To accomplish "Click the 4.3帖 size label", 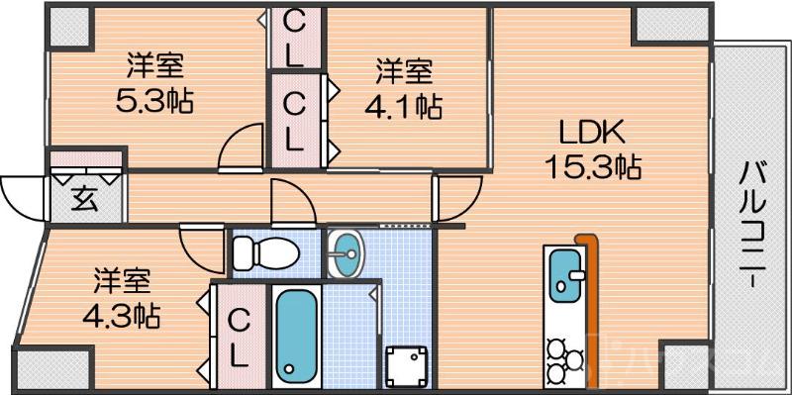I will click(x=122, y=315).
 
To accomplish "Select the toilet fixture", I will click(x=264, y=253).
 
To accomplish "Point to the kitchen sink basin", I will click(x=565, y=273).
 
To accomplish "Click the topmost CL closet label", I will click(x=294, y=38).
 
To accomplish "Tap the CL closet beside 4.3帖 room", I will click(x=239, y=337).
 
